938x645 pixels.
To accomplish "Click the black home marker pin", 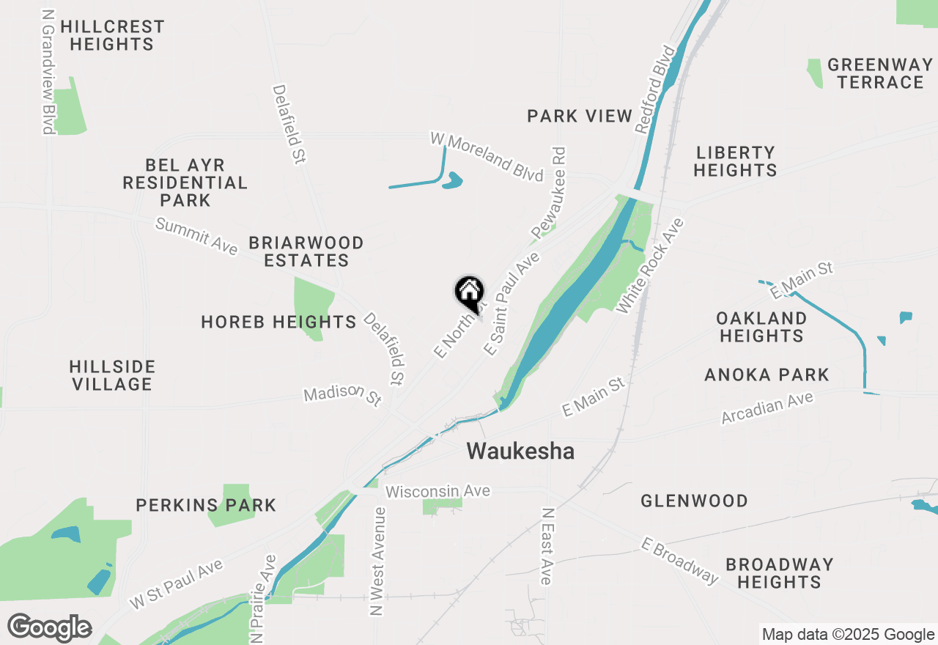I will coord(470,292).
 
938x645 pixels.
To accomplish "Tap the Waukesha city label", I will coord(520,451).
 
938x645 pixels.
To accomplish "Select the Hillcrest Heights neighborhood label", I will coord(112,35).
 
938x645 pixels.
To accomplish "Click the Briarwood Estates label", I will coord(306,251).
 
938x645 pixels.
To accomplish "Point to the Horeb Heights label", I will coord(278,322).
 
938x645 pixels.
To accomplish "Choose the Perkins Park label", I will coord(206,505).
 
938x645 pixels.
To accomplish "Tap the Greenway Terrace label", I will coord(880,73).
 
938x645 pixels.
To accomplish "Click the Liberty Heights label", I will coord(735,161).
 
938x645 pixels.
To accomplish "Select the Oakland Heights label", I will coord(761,327).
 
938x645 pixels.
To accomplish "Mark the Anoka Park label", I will coord(767,375).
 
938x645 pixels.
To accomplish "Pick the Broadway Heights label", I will coord(779,573).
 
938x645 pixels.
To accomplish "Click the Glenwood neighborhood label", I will coord(694,501).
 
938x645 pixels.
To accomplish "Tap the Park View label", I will coord(579,116).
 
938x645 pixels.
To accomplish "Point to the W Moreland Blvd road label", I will coord(487,156).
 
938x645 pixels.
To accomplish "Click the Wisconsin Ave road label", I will coord(437,490).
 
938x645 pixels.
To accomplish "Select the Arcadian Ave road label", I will coord(767,408).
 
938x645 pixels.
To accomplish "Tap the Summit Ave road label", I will coord(196,236).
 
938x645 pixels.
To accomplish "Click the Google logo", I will coord(49,627).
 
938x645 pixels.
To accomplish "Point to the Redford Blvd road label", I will coord(654,89).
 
